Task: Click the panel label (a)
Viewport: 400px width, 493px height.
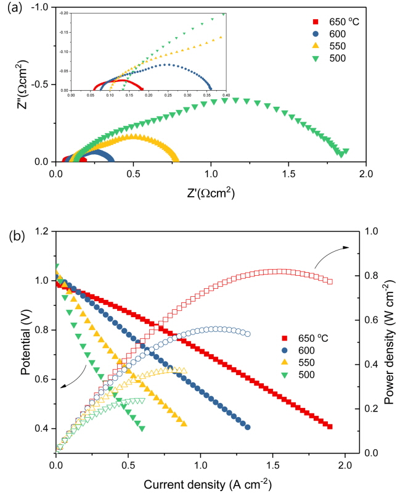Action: [x=15, y=7]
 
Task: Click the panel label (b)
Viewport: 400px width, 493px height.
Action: [x=17, y=236]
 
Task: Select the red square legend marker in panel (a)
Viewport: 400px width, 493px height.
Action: [x=316, y=22]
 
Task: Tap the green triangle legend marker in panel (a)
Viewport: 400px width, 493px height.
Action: [x=316, y=59]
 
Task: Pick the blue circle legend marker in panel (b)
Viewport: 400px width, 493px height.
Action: [x=285, y=350]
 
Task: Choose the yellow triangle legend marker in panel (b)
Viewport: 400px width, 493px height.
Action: [x=285, y=362]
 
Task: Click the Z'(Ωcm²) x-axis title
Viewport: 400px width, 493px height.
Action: [x=211, y=193]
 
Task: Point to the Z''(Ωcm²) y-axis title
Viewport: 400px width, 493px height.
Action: [x=23, y=85]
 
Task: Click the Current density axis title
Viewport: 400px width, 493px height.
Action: [x=208, y=484]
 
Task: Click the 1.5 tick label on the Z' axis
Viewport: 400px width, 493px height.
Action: [x=288, y=174]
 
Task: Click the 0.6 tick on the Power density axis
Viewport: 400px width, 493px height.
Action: [x=372, y=320]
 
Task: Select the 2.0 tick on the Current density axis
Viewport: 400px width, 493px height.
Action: [x=345, y=465]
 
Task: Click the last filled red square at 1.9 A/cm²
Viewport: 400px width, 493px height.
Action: [x=330, y=426]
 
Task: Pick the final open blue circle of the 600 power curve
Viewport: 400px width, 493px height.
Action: [x=247, y=334]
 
